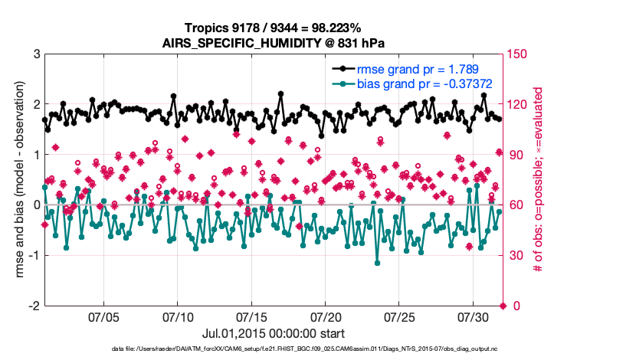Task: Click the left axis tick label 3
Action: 36,54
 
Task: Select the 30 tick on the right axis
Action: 515,255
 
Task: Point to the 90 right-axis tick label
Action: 515,155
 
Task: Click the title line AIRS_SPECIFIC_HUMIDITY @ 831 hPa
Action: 273,43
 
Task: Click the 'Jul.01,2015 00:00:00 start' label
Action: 273,334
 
